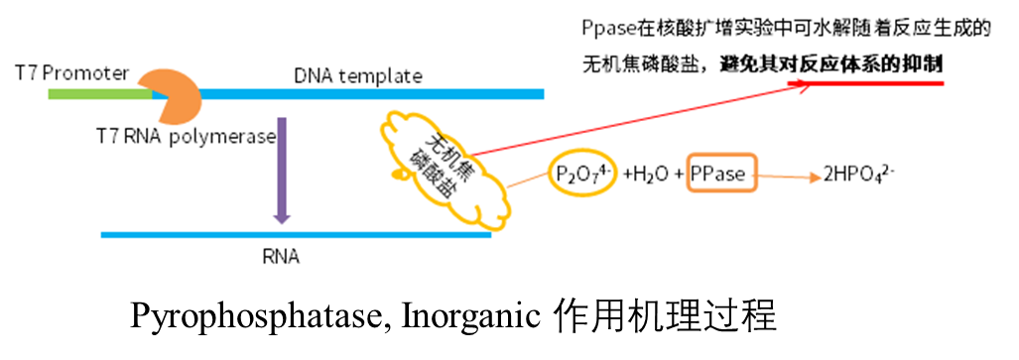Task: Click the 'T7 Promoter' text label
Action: click(72, 73)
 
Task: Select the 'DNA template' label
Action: click(357, 76)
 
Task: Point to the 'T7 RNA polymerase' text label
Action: click(186, 137)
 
